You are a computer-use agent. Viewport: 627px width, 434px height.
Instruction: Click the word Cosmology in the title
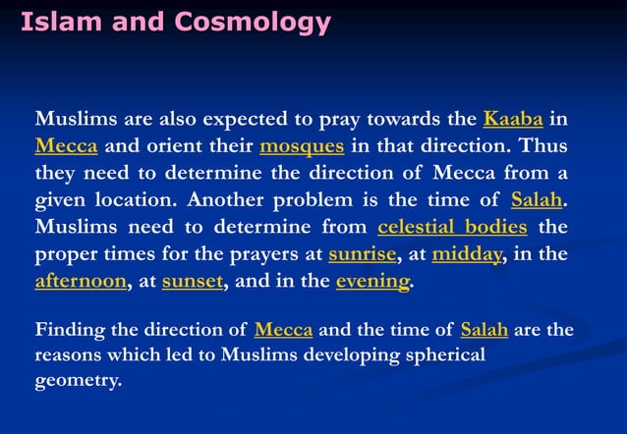[260, 21]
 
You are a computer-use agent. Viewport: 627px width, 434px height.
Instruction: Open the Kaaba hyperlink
[513, 121]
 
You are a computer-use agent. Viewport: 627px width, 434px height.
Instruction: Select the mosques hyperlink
[302, 148]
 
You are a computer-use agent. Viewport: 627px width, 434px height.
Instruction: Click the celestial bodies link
[452, 229]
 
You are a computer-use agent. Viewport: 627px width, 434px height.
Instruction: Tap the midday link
[467, 255]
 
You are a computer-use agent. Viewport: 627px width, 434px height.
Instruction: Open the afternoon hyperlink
[81, 282]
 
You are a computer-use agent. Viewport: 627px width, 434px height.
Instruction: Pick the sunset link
[193, 282]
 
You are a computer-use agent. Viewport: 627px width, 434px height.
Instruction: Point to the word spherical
[439, 354]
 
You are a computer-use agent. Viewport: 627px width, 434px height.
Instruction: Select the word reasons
[70, 354]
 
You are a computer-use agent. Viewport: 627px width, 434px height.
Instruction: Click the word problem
[311, 201]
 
